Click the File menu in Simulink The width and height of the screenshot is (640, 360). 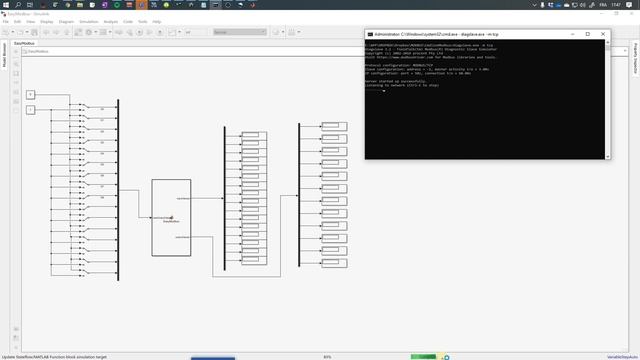click(x=5, y=20)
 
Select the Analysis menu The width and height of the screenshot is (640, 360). click(x=110, y=20)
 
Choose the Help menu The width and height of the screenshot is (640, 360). click(x=157, y=20)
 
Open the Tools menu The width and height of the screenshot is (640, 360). click(x=142, y=20)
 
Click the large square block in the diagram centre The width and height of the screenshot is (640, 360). click(x=171, y=217)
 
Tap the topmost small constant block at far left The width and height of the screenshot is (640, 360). click(x=30, y=95)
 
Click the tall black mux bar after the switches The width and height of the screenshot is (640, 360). click(x=117, y=187)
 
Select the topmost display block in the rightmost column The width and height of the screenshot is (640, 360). click(x=333, y=126)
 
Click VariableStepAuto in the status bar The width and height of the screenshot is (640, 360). click(x=620, y=356)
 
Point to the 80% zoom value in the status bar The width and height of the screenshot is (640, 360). click(x=328, y=356)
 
